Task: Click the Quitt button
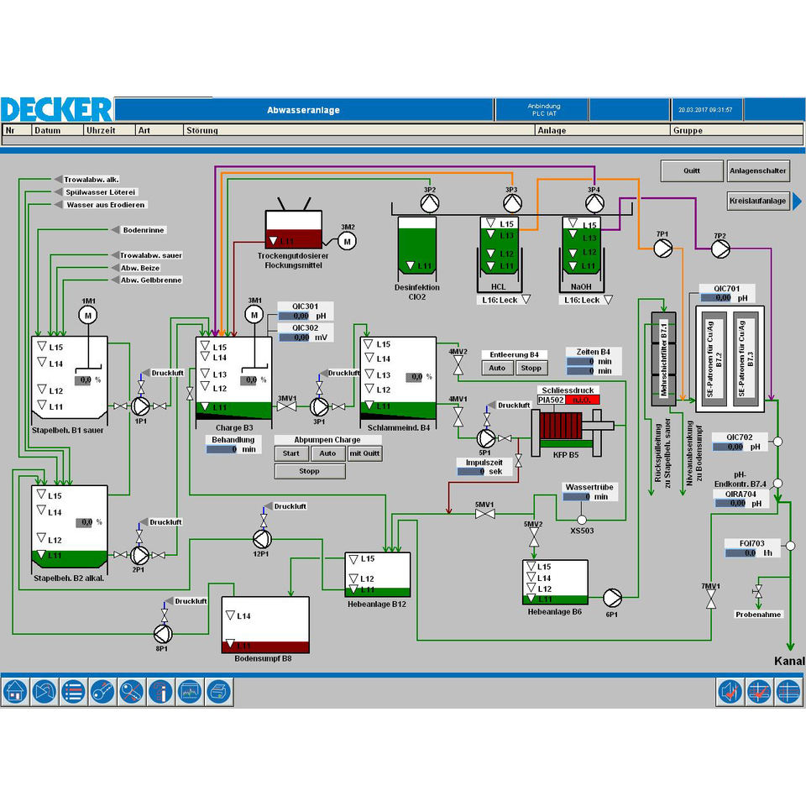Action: point(691,170)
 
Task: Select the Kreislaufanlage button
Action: point(757,201)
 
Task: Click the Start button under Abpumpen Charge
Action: point(290,453)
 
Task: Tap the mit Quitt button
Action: point(364,453)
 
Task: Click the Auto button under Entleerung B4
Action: point(497,368)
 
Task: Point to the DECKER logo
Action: point(56,109)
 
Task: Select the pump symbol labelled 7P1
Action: point(663,248)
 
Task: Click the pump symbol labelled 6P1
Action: point(611,596)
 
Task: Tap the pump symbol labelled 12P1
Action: point(260,537)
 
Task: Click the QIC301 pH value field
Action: point(294,317)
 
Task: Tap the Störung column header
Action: point(202,130)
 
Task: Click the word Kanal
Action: point(788,662)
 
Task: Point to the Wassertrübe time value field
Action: point(577,497)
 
